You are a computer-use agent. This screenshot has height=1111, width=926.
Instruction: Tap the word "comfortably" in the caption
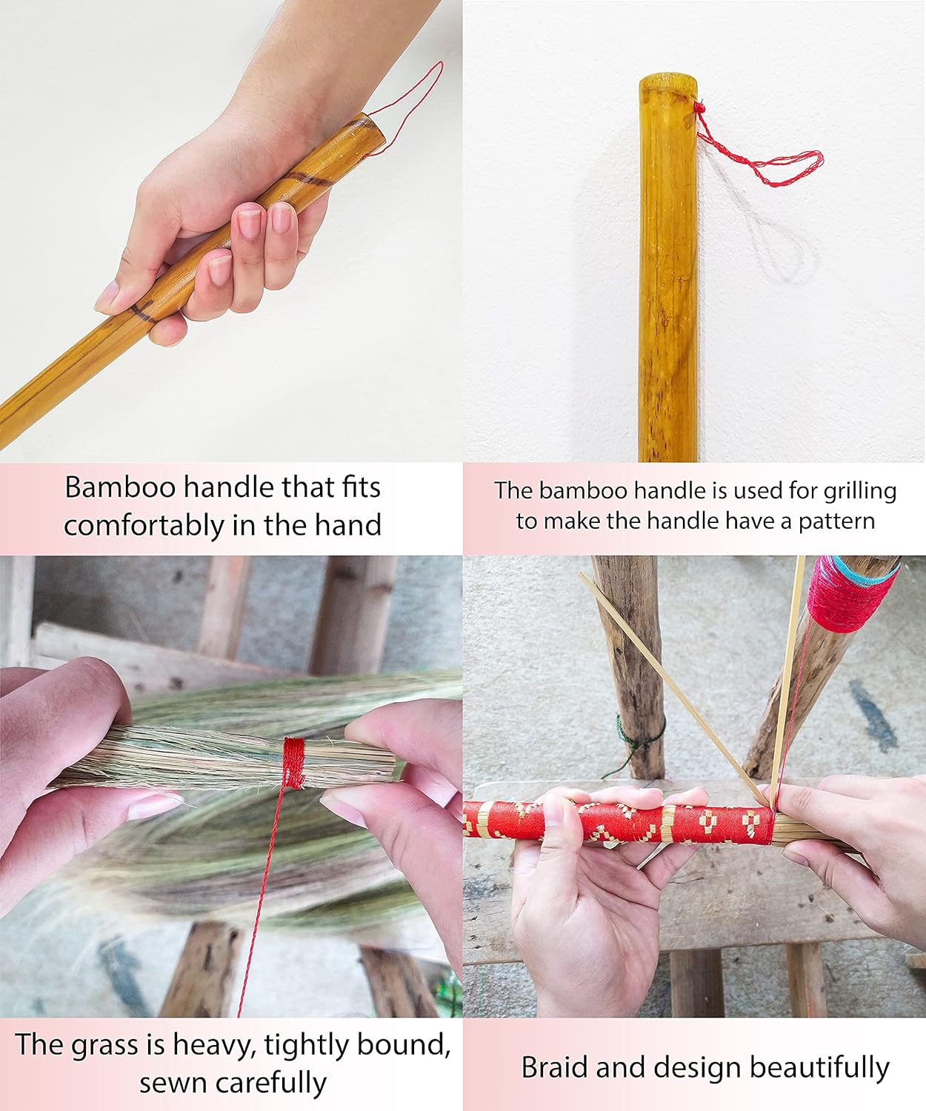[x=144, y=525]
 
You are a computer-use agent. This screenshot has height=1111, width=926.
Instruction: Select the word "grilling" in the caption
[x=860, y=492]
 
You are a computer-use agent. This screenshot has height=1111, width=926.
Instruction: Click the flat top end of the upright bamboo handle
[x=668, y=82]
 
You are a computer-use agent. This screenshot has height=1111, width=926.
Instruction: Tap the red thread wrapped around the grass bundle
[x=293, y=762]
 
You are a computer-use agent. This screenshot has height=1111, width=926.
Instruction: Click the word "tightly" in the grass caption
[x=307, y=1046]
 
